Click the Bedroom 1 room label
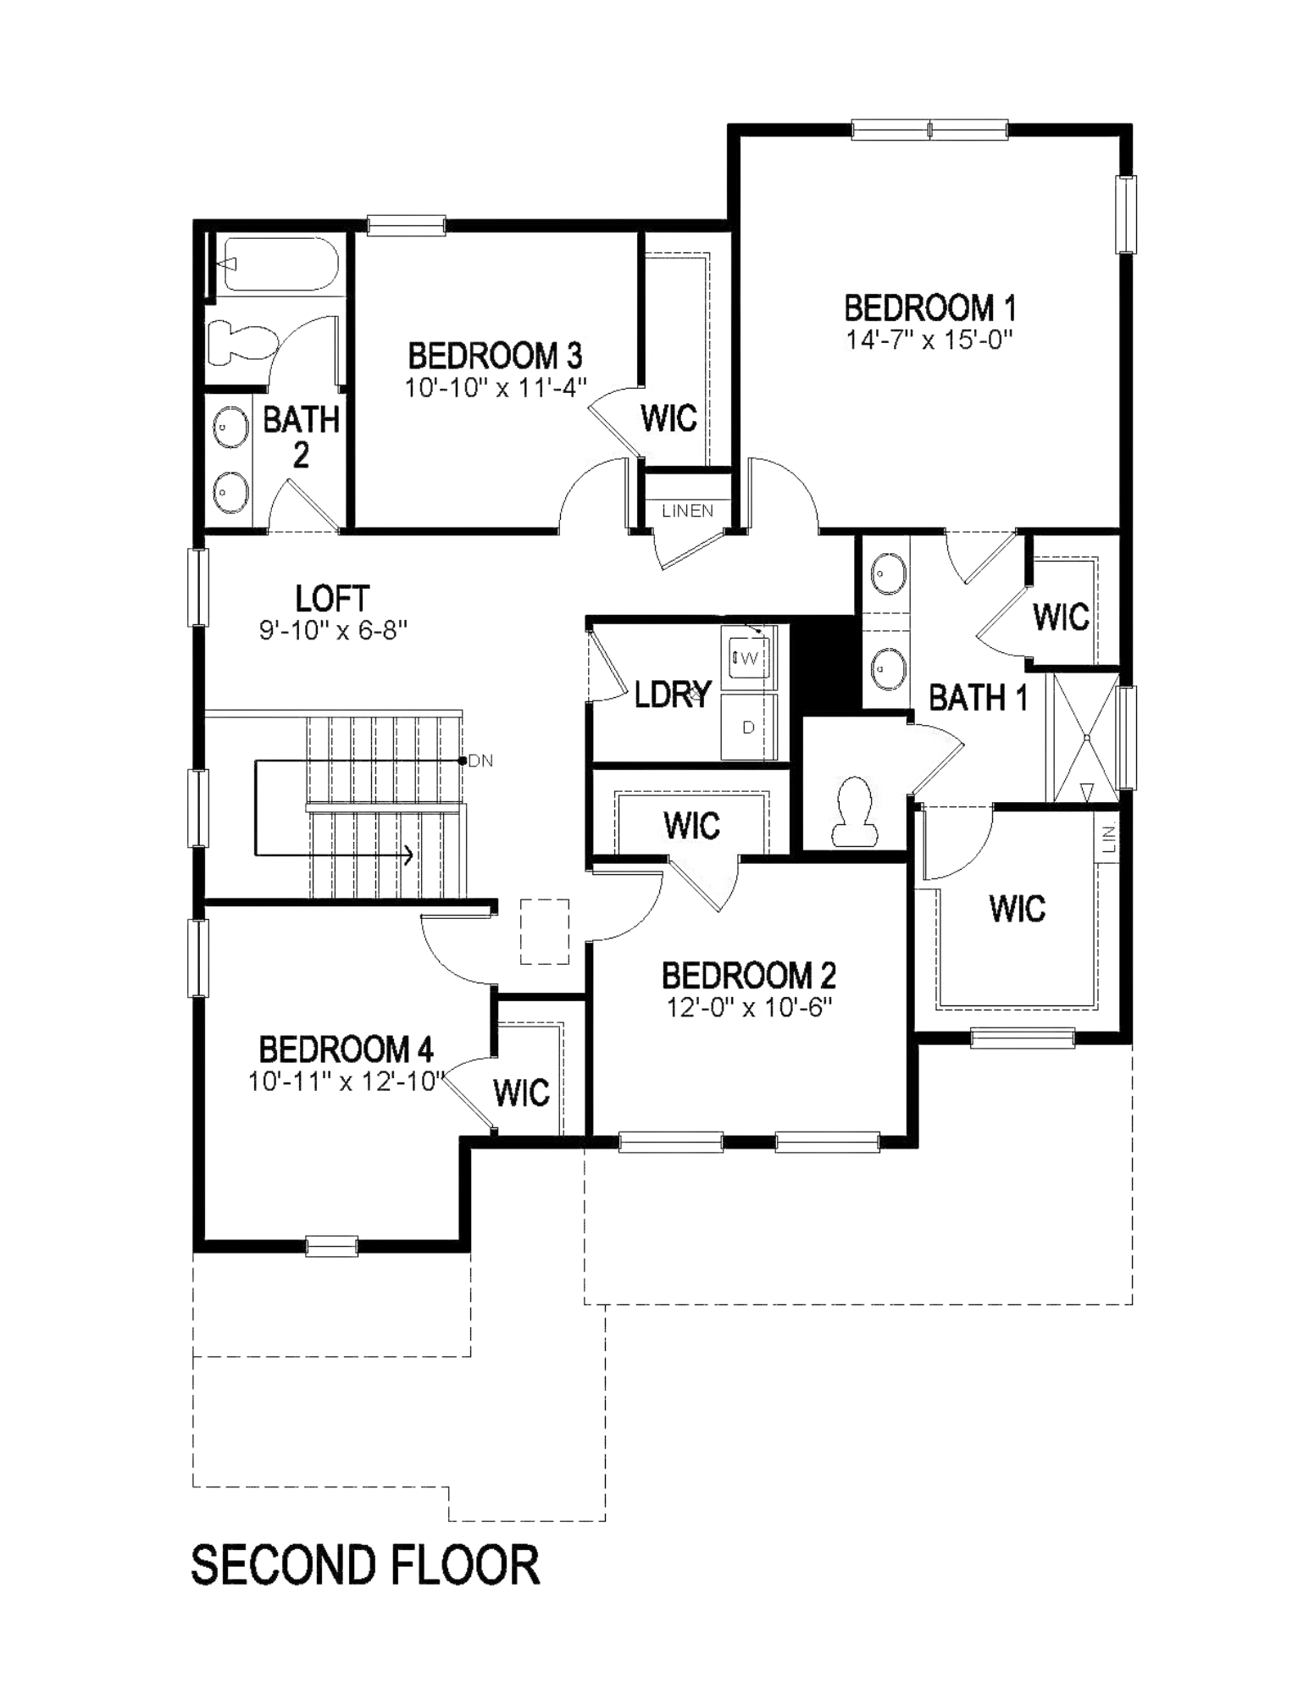tap(929, 307)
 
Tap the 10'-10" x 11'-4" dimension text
tap(495, 388)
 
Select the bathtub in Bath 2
tap(277, 264)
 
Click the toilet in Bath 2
tap(241, 344)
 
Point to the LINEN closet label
tap(687, 511)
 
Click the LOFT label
tap(332, 599)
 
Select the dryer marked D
tap(748, 727)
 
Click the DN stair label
tap(480, 761)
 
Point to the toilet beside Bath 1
tap(853, 811)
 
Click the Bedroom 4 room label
tap(346, 1049)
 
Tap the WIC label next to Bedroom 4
tap(521, 1093)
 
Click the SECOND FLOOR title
tap(365, 1564)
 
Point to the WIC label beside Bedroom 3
tap(668, 418)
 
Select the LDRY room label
tap(673, 695)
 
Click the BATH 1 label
tap(979, 698)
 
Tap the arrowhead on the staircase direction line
tap(408, 855)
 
